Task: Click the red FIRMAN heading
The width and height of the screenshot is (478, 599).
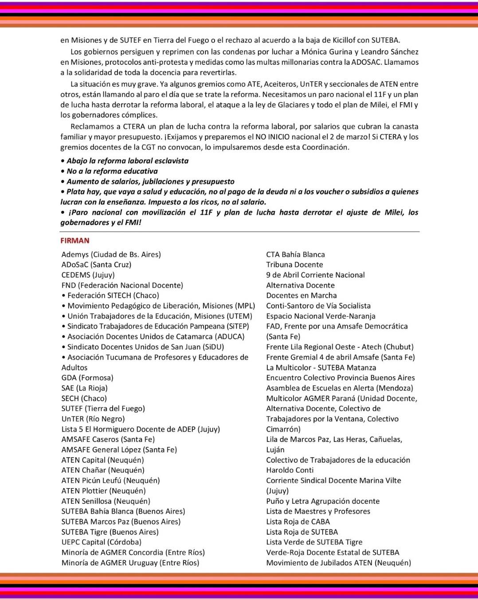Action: pos(75,240)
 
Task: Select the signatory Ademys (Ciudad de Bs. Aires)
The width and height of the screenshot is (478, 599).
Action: pos(111,254)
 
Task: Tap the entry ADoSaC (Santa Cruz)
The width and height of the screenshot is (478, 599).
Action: pos(96,264)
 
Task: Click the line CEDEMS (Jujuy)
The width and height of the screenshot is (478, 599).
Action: pos(88,275)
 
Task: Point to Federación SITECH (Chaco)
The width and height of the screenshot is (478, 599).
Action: pos(113,295)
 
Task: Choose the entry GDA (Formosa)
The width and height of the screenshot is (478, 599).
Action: pos(87,378)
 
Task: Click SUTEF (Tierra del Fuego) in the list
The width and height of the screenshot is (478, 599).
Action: pos(103,408)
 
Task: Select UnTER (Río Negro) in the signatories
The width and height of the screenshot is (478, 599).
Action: pos(93,418)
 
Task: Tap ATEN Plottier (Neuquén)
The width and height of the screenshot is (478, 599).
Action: pos(103,491)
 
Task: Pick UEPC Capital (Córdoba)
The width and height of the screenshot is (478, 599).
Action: pos(101,542)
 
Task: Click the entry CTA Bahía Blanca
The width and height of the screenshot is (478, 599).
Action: pos(295,254)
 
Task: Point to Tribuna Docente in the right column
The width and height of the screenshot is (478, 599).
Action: pos(294,264)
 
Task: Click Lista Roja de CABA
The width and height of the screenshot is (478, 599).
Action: pos(298,521)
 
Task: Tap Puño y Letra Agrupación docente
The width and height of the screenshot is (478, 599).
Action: pos(323,501)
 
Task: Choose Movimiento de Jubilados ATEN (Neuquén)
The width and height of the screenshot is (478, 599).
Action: pos(338,563)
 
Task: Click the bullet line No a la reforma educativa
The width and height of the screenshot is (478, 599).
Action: pos(112,171)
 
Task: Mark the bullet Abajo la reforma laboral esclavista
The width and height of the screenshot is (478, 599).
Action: pos(127,161)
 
